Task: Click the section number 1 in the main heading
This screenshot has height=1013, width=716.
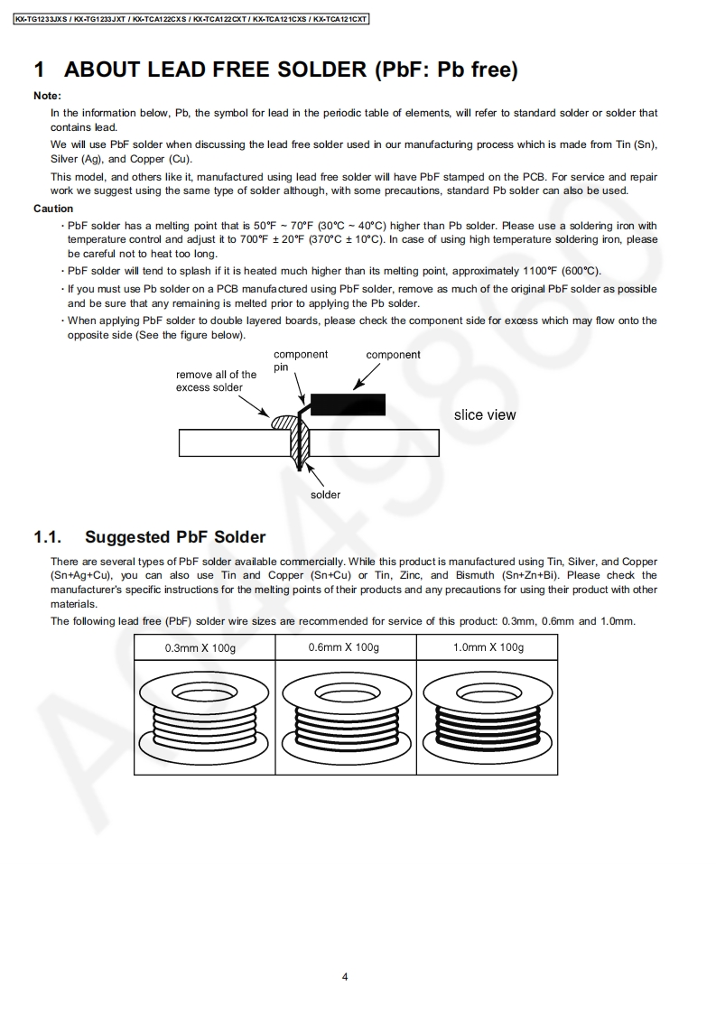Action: pos(40,70)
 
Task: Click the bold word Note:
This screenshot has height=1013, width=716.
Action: pos(47,96)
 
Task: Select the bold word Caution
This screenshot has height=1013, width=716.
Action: pos(53,209)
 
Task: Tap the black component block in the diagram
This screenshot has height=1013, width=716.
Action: pos(348,404)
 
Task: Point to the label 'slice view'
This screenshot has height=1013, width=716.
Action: pos(485,415)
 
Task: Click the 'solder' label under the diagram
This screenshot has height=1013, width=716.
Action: pos(326,495)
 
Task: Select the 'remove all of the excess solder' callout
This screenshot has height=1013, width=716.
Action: pos(216,381)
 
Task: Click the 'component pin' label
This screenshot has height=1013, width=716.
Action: pos(300,360)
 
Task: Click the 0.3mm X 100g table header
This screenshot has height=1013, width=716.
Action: pos(200,648)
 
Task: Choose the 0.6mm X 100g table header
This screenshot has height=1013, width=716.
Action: pos(343,647)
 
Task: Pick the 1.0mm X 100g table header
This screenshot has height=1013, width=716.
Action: pos(488,647)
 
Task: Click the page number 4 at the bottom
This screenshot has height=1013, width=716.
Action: pos(345,976)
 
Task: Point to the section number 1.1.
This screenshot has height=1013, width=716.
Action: pos(47,537)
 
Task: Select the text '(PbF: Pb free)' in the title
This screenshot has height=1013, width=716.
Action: pos(446,70)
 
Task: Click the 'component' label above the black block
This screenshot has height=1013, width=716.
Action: pos(393,355)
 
